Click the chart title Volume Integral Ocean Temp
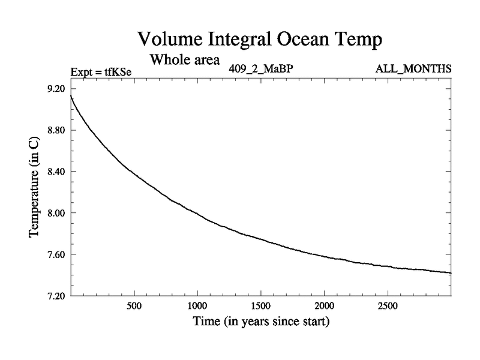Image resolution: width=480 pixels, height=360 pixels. [260, 40]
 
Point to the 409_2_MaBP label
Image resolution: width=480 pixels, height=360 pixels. [260, 68]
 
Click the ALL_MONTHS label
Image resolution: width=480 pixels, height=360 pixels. [413, 68]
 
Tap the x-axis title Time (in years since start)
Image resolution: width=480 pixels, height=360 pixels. [260, 322]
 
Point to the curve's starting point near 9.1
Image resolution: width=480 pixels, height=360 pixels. [71, 96]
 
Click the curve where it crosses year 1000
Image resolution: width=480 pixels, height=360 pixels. [197, 214]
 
